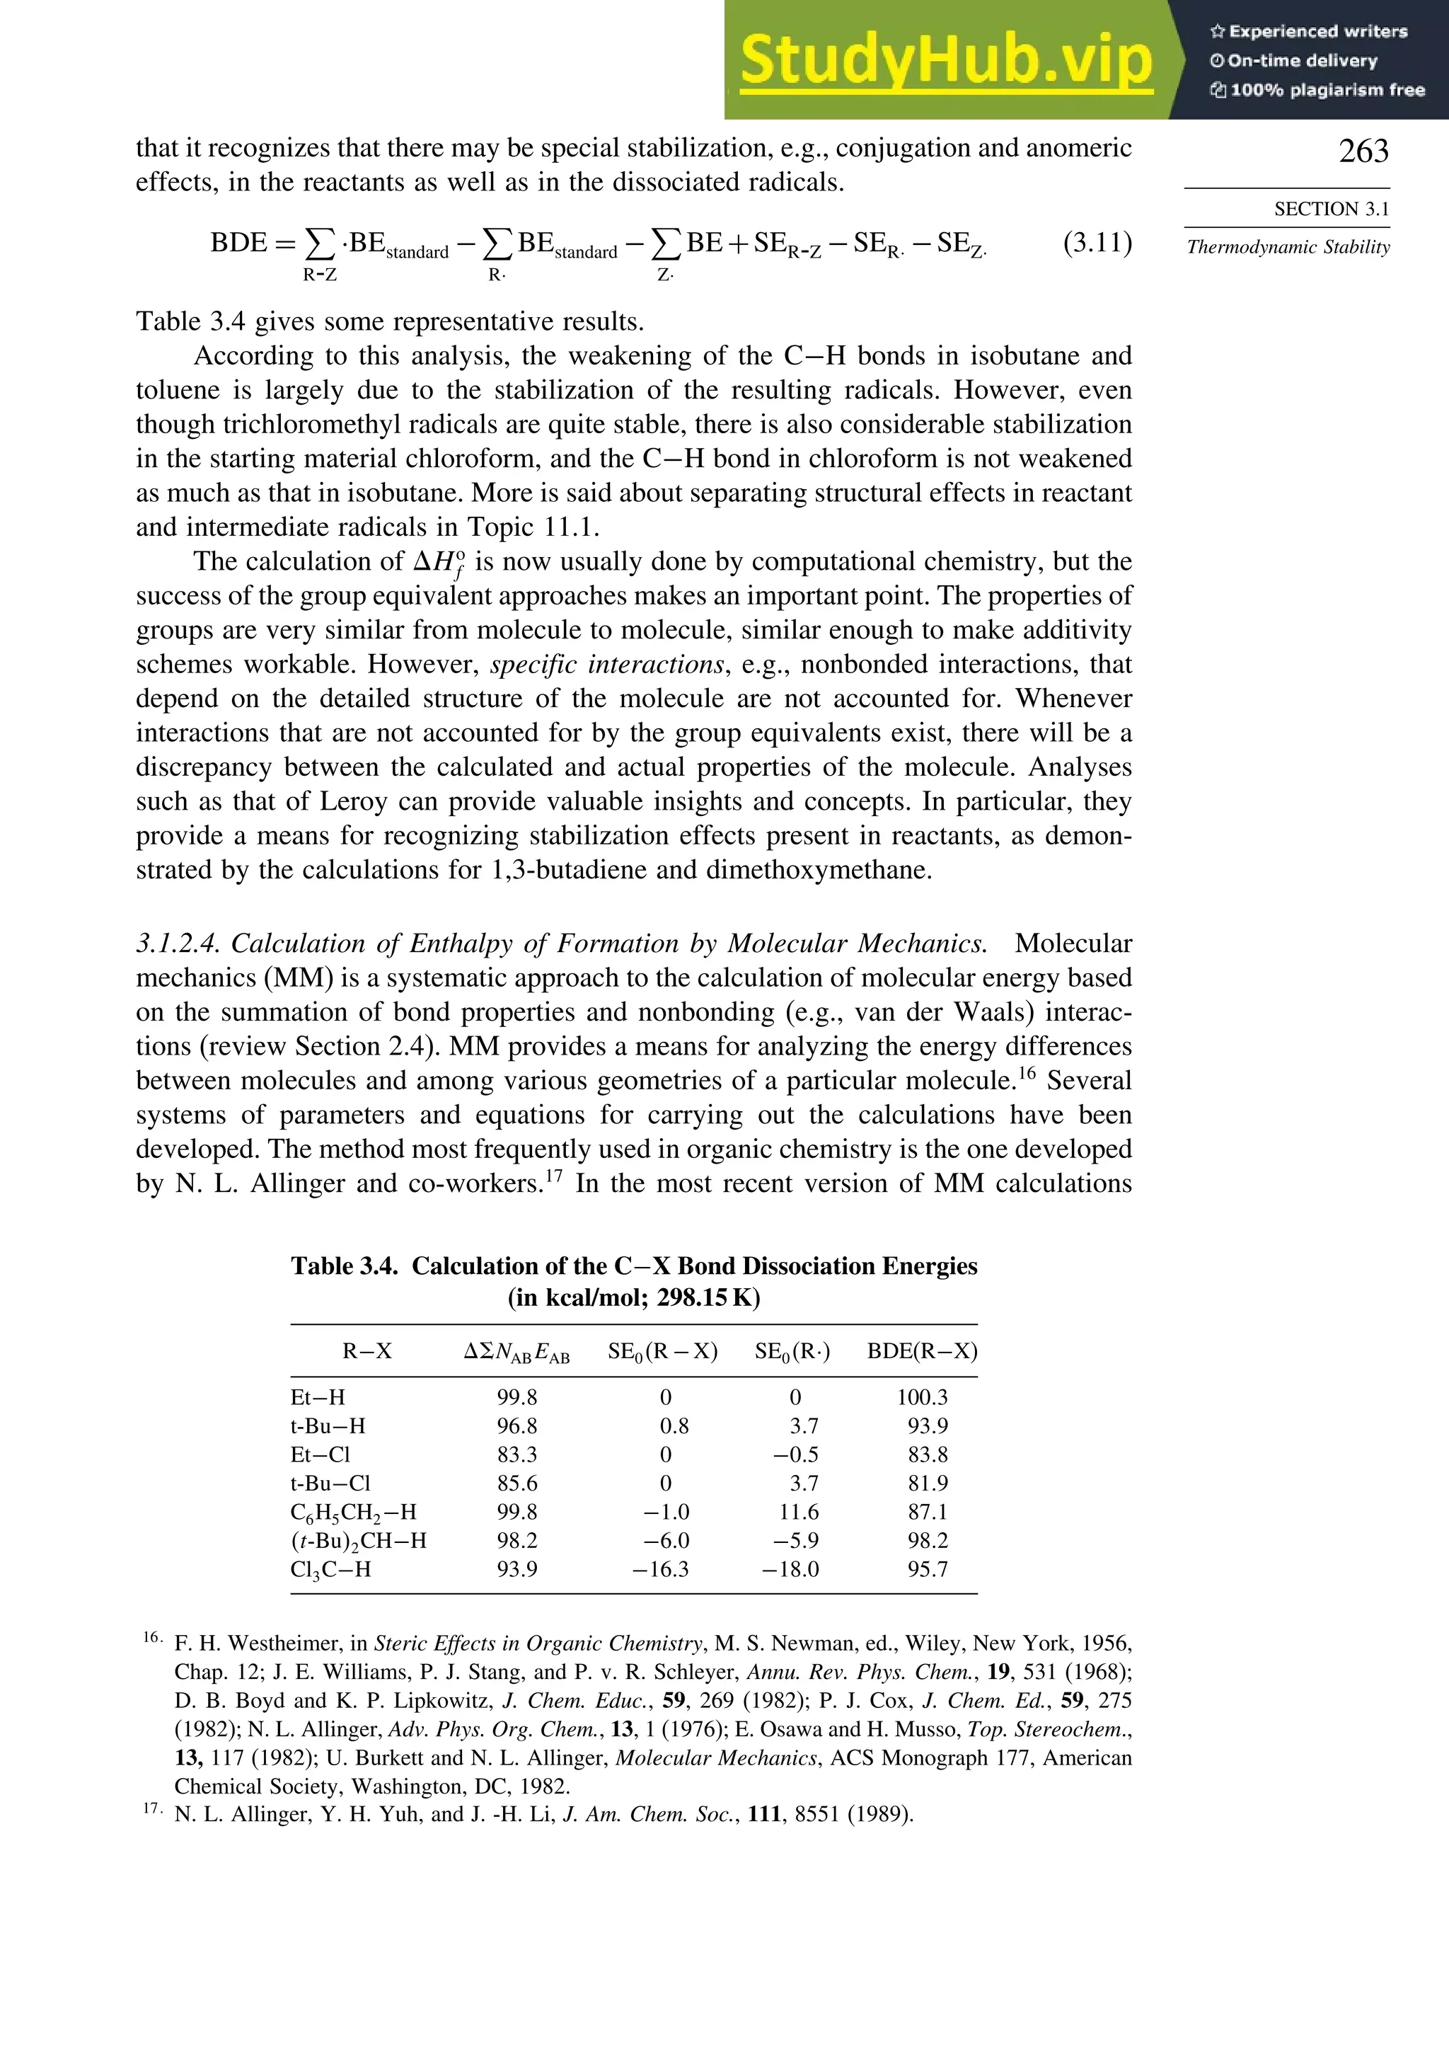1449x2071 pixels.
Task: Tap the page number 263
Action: coord(1363,151)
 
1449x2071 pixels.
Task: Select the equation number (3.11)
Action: coord(1097,243)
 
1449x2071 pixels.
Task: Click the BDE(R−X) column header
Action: coord(921,1351)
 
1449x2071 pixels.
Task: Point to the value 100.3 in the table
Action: coord(921,1397)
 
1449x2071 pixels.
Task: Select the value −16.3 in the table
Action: coord(660,1569)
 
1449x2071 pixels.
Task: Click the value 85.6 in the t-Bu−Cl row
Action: coord(516,1483)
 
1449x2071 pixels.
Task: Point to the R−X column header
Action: coord(367,1351)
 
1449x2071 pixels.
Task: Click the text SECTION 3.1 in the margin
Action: coord(1331,210)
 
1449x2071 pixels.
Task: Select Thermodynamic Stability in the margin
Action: coord(1288,247)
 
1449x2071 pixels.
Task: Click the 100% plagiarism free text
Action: coord(1317,90)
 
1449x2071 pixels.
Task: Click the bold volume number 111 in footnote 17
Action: coord(763,1815)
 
